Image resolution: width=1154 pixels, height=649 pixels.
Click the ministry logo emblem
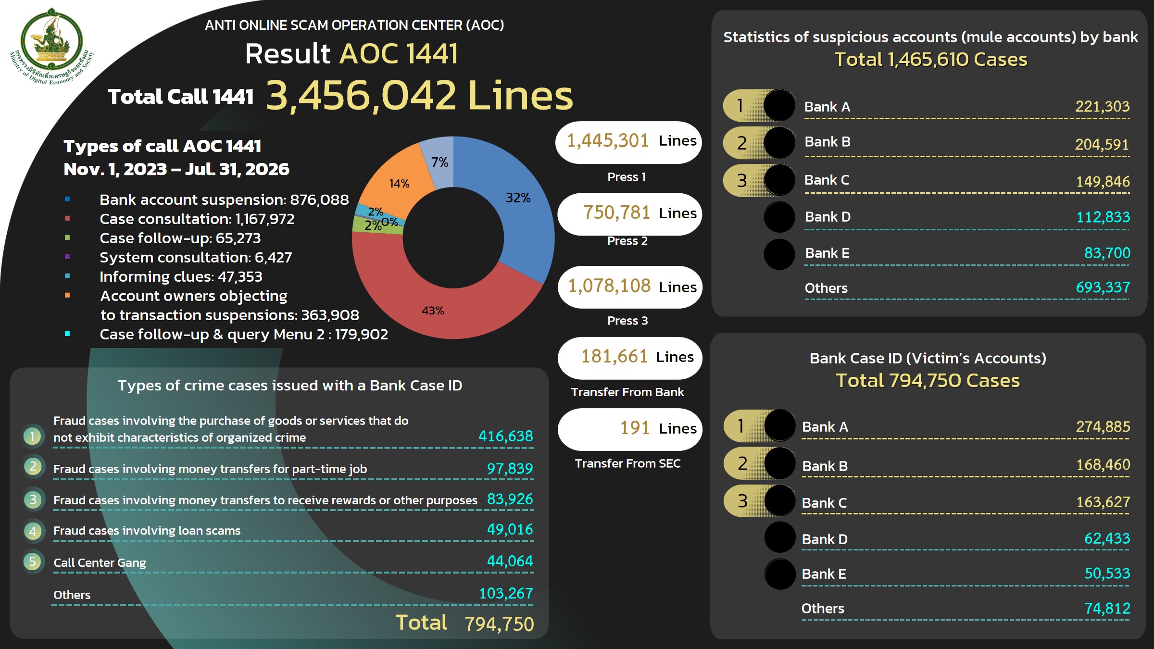point(51,46)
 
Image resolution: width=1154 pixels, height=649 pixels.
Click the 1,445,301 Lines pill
point(628,142)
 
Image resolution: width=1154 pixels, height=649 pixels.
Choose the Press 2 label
point(627,241)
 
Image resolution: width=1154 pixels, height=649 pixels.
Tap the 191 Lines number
point(635,428)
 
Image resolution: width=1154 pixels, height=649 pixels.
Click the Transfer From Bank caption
point(627,392)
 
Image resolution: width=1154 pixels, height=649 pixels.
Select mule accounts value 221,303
point(1102,106)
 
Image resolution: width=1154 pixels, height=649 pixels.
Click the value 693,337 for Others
point(1103,287)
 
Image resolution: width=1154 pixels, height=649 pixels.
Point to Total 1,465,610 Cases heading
point(931,60)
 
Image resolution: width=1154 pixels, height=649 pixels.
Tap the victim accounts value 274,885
point(1103,426)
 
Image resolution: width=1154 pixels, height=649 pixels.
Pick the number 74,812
point(1107,609)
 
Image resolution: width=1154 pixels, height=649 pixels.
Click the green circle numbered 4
point(33,531)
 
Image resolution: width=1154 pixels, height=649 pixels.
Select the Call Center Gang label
point(100,562)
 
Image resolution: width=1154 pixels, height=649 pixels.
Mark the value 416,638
point(506,436)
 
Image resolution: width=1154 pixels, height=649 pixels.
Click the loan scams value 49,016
point(510,529)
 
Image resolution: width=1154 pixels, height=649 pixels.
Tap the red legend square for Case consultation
point(67,218)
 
